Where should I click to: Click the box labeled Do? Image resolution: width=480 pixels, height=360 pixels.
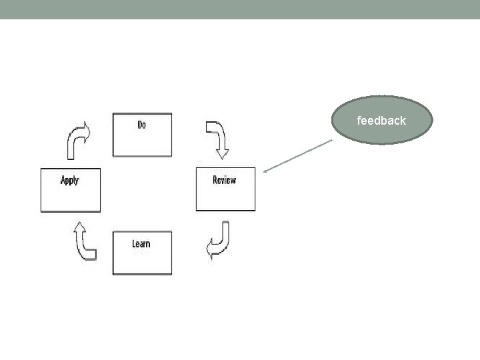tap(142, 135)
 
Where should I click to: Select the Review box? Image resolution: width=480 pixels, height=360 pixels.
tap(225, 189)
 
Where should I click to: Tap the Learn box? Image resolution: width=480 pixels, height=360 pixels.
tap(142, 253)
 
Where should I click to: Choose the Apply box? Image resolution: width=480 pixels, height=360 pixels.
tap(71, 190)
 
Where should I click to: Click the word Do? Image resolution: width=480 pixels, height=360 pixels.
tap(141, 125)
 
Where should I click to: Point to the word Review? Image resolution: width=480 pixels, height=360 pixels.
tap(224, 180)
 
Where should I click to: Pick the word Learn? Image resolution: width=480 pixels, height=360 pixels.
tap(141, 243)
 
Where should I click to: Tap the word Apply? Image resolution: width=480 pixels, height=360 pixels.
tap(69, 180)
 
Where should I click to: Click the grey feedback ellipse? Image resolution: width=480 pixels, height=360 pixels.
tap(382, 120)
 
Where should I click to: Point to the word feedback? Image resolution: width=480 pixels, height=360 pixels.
tap(381, 121)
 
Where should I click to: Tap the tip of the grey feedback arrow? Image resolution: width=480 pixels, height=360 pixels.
tap(264, 173)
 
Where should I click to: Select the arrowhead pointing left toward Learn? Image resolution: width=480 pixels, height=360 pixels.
tap(211, 251)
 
